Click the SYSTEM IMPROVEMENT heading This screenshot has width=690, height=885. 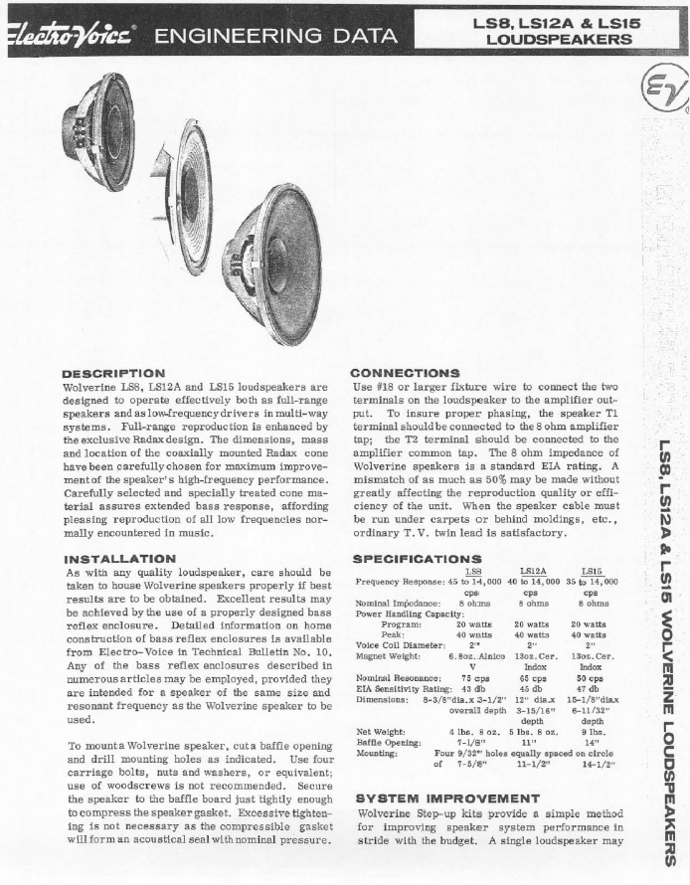point(433,797)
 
